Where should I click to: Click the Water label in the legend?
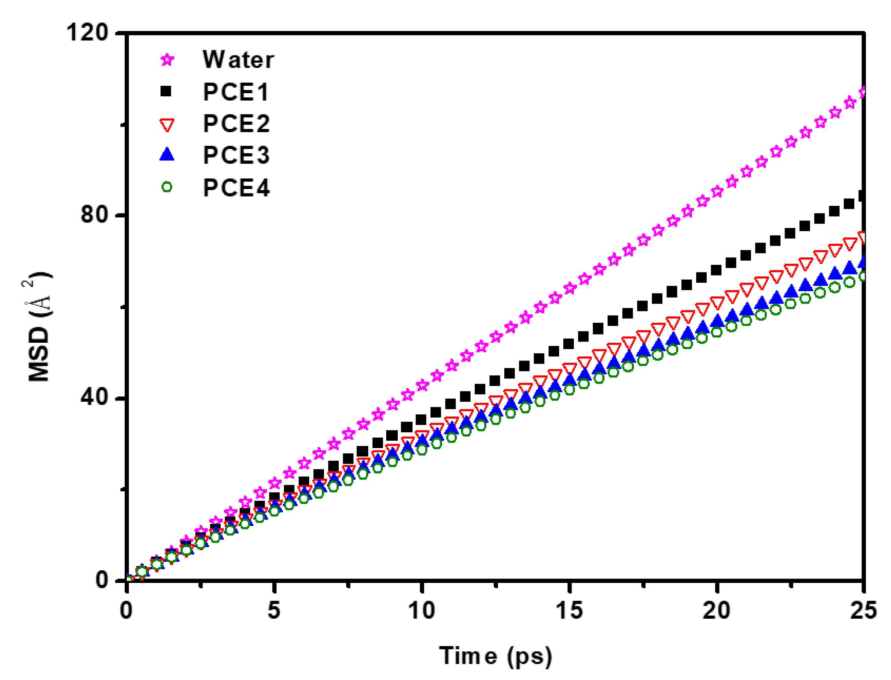point(238,60)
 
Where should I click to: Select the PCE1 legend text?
point(236,92)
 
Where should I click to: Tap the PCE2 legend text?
point(236,123)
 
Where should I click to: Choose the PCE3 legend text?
point(236,155)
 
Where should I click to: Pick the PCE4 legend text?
point(236,187)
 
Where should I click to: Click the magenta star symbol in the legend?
point(167,60)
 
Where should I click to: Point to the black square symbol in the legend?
point(166,92)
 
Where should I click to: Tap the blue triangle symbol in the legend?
point(167,154)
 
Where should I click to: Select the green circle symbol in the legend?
point(167,187)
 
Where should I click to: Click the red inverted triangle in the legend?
point(167,125)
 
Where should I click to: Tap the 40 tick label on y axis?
point(95,397)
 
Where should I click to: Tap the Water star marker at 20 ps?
point(717,191)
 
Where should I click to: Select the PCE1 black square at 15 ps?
point(568,344)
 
